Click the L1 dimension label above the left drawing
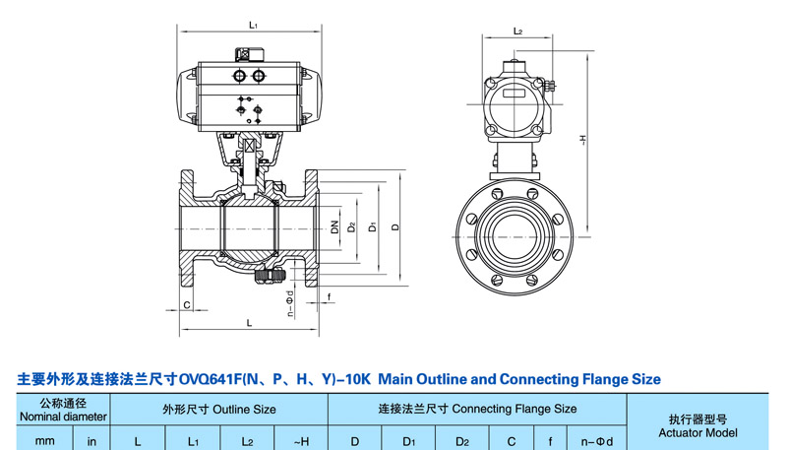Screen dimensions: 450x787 253,25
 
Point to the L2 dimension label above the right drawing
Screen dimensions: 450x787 517,32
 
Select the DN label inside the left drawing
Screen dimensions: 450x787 335,227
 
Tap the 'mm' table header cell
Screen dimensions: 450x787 45,441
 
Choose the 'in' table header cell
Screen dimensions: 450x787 92,441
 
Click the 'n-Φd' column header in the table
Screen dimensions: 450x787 595,441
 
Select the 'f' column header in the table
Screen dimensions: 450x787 552,441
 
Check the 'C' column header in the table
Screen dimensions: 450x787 511,441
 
